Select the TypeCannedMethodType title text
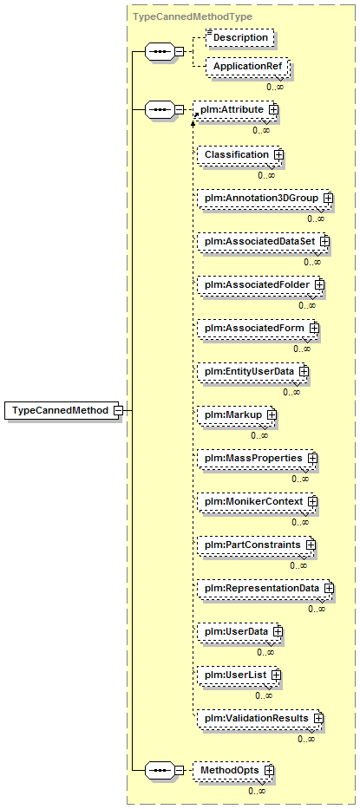click(193, 16)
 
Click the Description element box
click(239, 37)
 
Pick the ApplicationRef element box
click(247, 67)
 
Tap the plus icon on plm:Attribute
click(273, 109)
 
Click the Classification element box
click(239, 155)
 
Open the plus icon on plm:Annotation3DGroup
click(328, 198)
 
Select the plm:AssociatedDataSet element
click(262, 241)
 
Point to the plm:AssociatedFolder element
click(259, 284)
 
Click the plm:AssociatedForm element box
click(258, 328)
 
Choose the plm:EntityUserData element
click(252, 371)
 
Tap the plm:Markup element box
click(236, 414)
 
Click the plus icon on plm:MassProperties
click(311, 458)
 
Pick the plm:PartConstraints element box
click(255, 545)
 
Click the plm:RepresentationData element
click(265, 588)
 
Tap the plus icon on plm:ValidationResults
click(318, 718)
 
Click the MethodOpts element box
click(233, 770)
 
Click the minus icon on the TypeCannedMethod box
click(118, 411)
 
